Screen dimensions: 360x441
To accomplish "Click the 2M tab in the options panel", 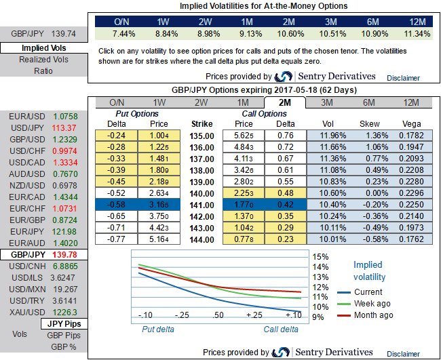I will (x=284, y=102).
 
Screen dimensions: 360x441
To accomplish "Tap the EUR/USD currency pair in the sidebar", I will (x=27, y=116).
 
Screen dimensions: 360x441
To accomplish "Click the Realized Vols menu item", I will (x=43, y=60).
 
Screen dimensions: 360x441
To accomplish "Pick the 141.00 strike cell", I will (x=202, y=204).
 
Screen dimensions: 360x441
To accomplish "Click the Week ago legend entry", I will (x=373, y=304).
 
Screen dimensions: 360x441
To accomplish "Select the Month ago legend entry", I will (x=375, y=315).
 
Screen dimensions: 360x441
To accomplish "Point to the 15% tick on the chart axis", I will (x=320, y=257).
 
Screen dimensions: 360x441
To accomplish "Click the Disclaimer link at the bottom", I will (x=404, y=353).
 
